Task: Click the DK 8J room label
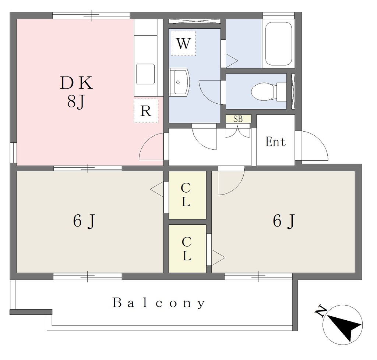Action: point(76,92)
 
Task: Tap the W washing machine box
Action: point(183,43)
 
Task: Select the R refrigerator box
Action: point(146,111)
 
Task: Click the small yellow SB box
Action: point(239,119)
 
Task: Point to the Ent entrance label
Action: point(275,142)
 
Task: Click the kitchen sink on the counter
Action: point(145,74)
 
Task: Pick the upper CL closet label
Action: point(186,195)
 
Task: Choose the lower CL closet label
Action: point(187,249)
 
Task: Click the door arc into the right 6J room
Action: point(230,182)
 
